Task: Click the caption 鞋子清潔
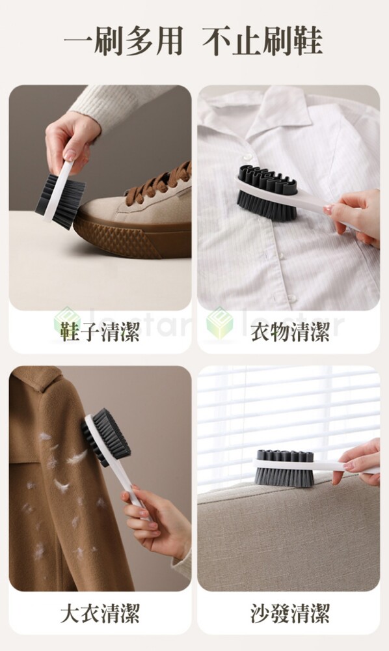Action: click(100, 332)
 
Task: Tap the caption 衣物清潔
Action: click(290, 332)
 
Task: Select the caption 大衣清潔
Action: click(100, 613)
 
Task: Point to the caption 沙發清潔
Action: click(290, 613)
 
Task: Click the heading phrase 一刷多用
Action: click(123, 41)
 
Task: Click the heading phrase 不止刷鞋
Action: click(262, 41)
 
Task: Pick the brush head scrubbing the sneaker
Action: click(60, 200)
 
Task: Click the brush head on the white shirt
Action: click(267, 193)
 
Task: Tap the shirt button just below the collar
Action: click(248, 157)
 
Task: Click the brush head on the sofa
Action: click(284, 468)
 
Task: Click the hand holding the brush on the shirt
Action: click(356, 217)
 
